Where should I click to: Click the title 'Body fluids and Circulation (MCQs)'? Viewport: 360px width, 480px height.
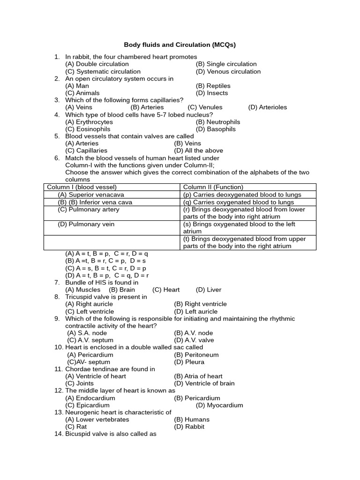coord(180,45)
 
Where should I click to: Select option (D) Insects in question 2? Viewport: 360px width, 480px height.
coord(212,93)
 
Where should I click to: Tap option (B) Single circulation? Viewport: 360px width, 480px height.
coord(226,64)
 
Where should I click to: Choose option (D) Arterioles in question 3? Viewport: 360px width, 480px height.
coord(267,107)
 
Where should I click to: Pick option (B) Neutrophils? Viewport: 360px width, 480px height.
coord(217,122)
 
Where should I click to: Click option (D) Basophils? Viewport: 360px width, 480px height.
coord(216,129)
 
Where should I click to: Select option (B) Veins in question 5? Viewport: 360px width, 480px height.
coord(187,143)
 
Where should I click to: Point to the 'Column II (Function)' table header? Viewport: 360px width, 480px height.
coord(213,187)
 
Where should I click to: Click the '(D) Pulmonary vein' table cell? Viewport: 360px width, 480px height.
coord(86,224)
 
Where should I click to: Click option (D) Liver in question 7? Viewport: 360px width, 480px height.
coord(208,290)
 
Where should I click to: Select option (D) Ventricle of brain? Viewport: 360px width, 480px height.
coord(204,383)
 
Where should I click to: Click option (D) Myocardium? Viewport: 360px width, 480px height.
coord(219,405)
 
